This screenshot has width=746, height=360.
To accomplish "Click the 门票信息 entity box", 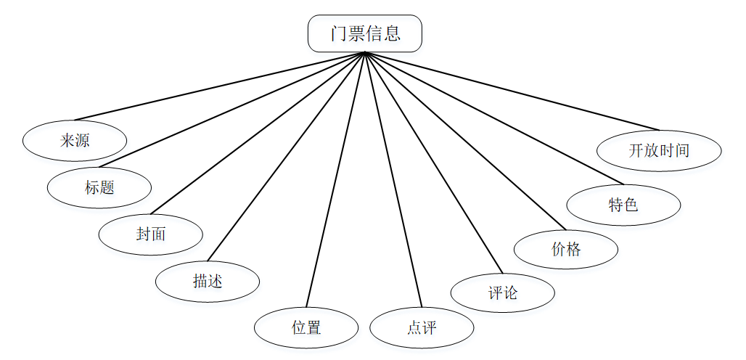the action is [x=365, y=33].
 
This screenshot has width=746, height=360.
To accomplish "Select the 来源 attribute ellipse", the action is [x=75, y=141].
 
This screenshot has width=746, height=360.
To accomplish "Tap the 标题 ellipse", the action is [x=99, y=187].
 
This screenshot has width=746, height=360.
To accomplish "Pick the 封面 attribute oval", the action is [x=151, y=234].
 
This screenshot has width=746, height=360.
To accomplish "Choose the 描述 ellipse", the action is [x=208, y=281].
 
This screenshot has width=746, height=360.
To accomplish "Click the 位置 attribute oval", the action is [x=306, y=327].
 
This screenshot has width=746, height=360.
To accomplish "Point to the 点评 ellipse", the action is [x=422, y=327].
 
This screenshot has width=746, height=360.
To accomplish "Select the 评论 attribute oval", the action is [x=502, y=292].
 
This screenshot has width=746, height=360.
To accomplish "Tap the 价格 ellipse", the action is [x=566, y=249].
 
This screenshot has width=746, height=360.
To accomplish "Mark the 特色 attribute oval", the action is [x=624, y=205].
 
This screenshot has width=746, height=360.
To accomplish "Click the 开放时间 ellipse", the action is [x=659, y=151].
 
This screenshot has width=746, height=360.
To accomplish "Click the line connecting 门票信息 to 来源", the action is [x=220, y=86].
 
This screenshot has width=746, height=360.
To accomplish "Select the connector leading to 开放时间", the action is [x=512, y=91].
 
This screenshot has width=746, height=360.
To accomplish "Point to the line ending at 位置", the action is [x=335, y=180].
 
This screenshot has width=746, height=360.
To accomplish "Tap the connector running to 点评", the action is [x=393, y=180].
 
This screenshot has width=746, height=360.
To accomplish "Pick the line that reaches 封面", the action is [x=258, y=133].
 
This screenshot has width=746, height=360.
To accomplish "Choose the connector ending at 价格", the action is [x=465, y=141].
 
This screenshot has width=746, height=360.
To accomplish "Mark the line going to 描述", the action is [x=287, y=157].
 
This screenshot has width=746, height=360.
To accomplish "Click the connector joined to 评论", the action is [x=433, y=163].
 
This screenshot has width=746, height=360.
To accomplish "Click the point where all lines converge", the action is [x=365, y=52].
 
